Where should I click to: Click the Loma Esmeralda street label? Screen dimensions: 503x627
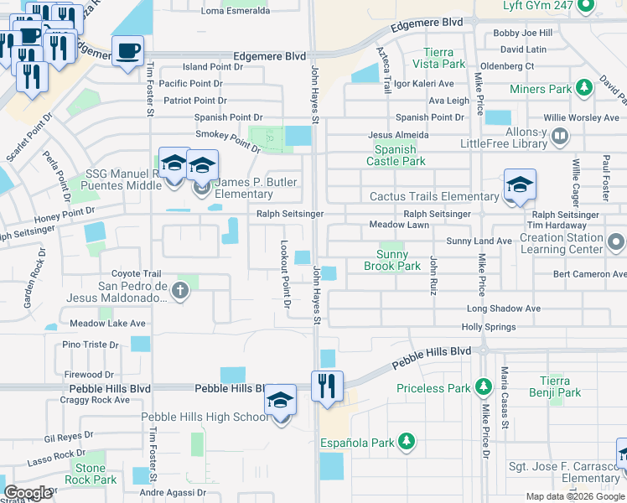click(x=236, y=11)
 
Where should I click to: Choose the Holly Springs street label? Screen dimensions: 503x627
click(x=489, y=328)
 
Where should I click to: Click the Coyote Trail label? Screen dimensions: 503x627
click(x=136, y=273)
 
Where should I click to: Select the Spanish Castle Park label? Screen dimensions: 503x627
click(x=395, y=155)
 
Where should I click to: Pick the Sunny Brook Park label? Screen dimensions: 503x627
click(x=391, y=260)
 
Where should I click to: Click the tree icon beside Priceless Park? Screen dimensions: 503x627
click(x=483, y=386)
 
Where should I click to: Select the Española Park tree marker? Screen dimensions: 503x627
click(x=407, y=441)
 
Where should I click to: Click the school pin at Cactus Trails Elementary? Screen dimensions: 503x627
click(x=519, y=185)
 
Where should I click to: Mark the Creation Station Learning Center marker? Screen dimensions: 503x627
click(x=616, y=243)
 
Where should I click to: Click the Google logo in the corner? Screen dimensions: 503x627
click(x=28, y=493)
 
